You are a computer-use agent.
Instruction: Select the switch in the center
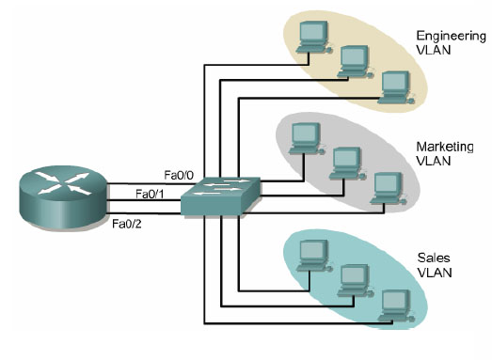tap(222, 197)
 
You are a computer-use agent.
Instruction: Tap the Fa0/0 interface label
tap(178, 175)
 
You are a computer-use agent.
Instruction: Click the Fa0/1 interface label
tap(151, 194)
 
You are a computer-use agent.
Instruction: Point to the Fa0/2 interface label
tap(126, 224)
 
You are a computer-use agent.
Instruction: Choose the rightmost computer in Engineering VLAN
tap(393, 85)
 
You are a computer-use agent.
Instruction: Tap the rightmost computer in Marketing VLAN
tap(386, 185)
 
